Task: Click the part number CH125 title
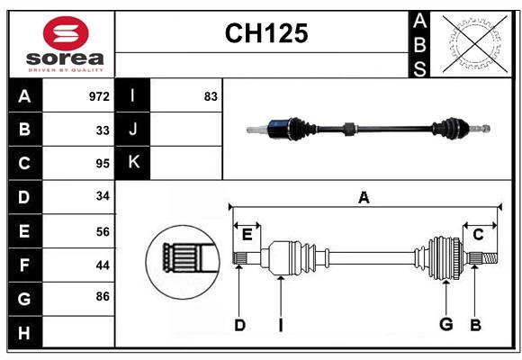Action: point(265,33)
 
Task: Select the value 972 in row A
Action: point(99,95)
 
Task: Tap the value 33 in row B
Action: point(103,130)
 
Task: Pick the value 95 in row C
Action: point(103,164)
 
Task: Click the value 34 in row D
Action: point(103,197)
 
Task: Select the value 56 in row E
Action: point(103,231)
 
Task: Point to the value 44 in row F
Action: point(103,265)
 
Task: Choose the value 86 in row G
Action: point(103,295)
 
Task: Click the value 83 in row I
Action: point(211,95)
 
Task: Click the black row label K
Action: point(133,163)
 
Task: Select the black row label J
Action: point(133,130)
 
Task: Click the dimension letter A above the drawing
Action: point(364,197)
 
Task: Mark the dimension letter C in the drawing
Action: point(478,235)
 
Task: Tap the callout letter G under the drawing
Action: point(445,325)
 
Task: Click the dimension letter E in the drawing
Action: point(247,235)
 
